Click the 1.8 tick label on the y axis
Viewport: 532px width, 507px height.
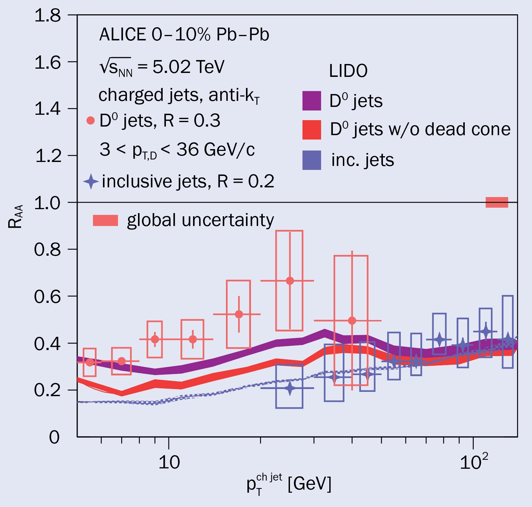48,16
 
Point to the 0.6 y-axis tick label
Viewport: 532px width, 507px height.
48,297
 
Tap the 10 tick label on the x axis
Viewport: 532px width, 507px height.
169,463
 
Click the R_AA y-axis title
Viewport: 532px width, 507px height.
15,216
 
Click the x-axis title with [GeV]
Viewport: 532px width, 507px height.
289,484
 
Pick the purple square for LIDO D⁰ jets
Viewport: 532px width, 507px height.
311,101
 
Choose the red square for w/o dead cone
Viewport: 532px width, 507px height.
311,130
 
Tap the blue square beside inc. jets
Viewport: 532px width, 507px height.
311,160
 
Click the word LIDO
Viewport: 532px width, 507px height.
348,71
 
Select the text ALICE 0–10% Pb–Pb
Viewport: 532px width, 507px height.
184,35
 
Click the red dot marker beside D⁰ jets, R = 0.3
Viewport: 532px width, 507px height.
90,121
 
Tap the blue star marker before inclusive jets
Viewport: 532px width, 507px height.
91,181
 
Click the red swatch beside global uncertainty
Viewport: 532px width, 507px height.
105,220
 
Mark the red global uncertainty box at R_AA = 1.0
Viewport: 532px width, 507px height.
497,202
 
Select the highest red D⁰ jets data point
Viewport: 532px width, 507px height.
290,281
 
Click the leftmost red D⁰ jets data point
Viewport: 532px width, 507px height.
90,362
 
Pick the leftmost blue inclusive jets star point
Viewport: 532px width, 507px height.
290,388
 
